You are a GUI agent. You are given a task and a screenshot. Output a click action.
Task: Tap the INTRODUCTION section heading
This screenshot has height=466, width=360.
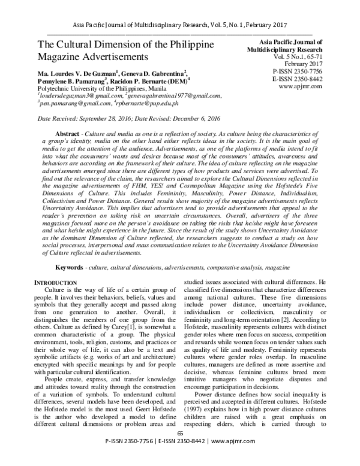(60, 282)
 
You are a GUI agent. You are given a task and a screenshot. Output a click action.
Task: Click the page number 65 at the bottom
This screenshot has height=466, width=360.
(179, 450)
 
